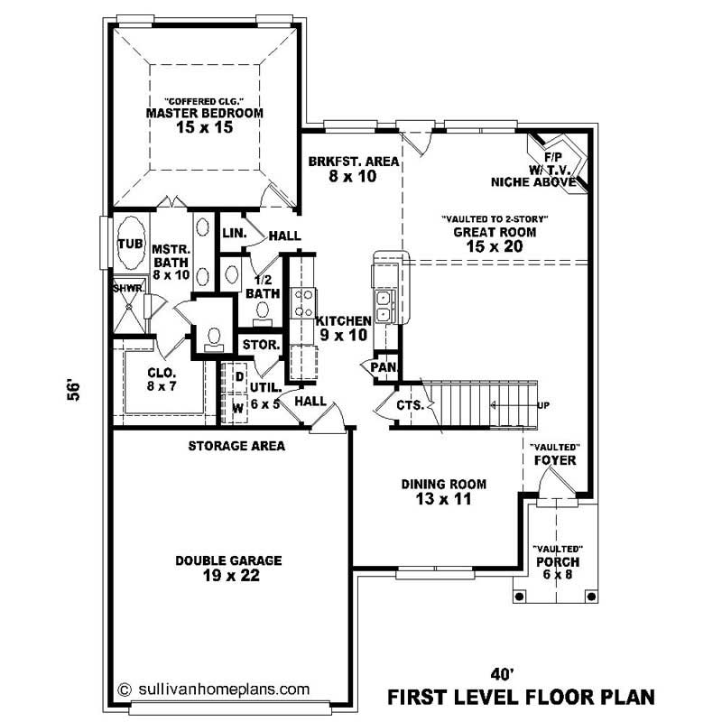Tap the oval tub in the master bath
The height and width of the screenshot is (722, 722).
[x=128, y=243]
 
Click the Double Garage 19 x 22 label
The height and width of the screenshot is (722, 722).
[x=229, y=568]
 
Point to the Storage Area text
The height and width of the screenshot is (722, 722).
[x=236, y=446]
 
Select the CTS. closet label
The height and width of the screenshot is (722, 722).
[x=410, y=405]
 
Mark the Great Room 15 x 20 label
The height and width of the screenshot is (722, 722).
[x=495, y=237]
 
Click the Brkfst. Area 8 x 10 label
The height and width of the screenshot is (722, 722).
[x=341, y=169]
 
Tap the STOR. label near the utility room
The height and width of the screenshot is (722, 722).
[x=262, y=345]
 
